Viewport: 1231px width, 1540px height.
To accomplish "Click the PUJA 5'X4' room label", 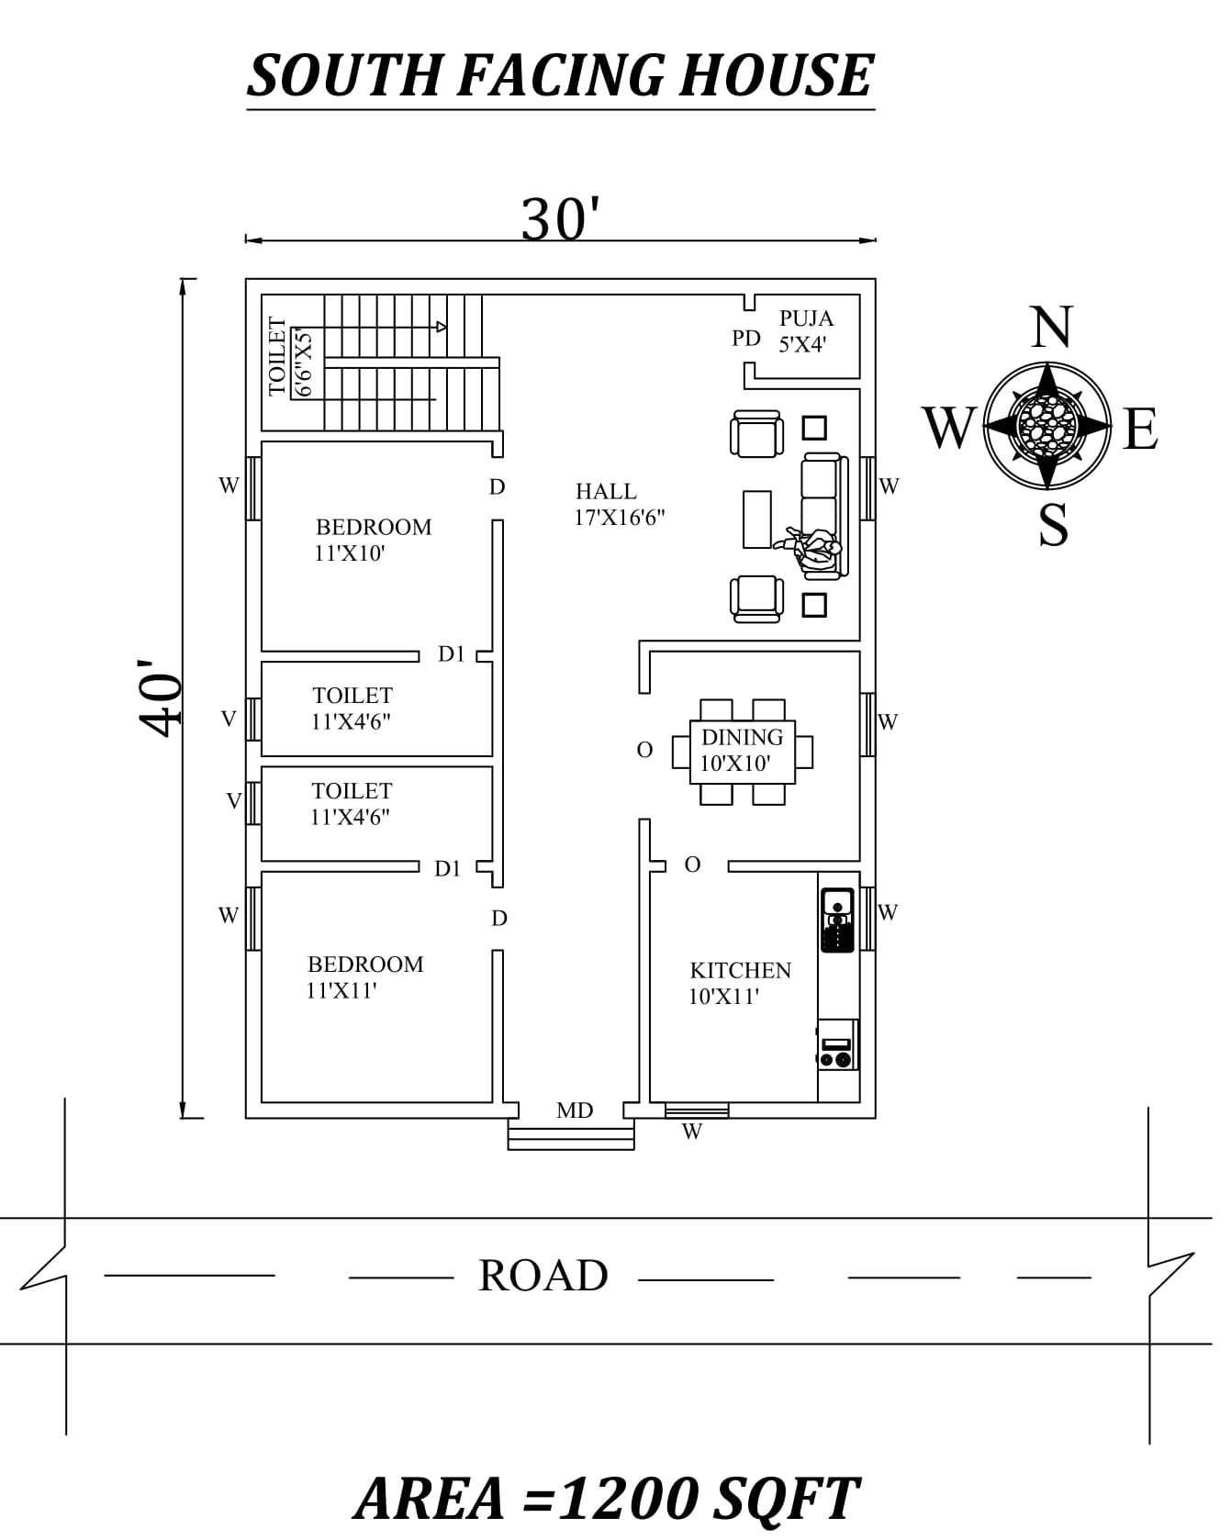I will point(805,331).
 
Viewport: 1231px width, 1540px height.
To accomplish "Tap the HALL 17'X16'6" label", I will point(619,504).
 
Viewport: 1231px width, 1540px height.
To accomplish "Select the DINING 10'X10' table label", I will point(741,750).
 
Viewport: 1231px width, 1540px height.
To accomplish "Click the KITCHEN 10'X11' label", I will point(739,983).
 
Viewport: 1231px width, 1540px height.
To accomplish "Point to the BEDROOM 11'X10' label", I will point(372,540).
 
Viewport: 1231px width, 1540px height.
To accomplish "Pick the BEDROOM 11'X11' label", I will point(364,976).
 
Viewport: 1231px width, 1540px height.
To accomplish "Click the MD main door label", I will point(574,1110).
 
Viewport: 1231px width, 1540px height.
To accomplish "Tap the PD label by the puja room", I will point(745,339).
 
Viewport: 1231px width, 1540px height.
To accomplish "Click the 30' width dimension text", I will point(560,219).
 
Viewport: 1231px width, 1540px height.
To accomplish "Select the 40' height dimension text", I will point(160,697).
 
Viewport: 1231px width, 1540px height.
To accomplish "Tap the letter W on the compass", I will point(948,428).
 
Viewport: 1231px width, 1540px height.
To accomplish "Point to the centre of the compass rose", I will point(1046,426).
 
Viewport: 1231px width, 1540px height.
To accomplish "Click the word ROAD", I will point(543,1275).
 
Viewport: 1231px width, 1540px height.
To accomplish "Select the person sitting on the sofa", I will point(813,549).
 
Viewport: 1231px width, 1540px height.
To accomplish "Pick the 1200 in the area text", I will point(628,1499).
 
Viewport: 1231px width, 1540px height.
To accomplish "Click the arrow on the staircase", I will point(442,327).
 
